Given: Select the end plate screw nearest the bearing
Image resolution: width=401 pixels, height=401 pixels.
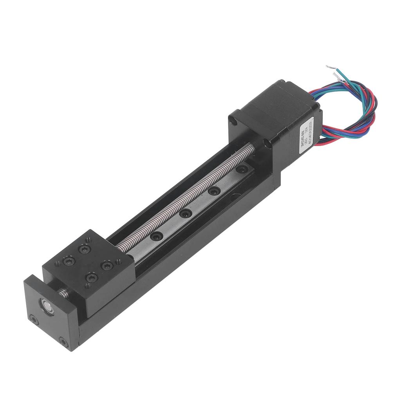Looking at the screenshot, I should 34,320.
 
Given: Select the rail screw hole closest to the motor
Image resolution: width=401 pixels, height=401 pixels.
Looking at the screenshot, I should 242,169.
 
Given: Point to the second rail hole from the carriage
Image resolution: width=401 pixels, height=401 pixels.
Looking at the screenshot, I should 185,214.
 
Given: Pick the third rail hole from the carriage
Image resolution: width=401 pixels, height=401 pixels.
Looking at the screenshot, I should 214,191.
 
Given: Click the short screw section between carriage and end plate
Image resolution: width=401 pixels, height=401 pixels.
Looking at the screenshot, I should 63,293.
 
